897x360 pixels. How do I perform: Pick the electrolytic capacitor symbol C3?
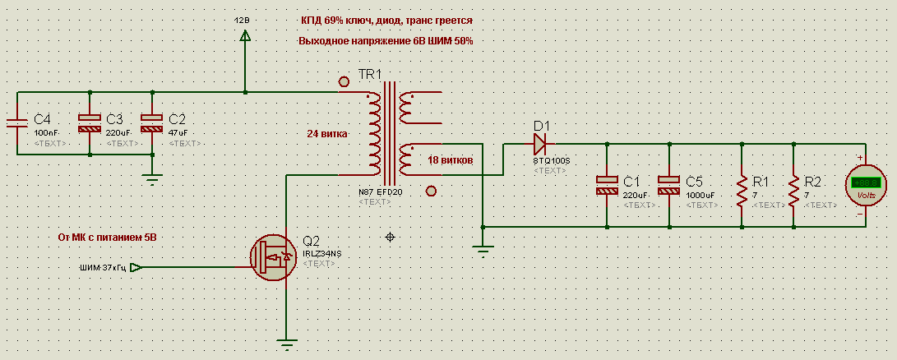[90, 123]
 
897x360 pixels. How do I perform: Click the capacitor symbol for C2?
[152, 123]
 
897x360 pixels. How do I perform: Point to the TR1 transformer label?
[370, 75]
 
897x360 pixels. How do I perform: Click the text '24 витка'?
[327, 133]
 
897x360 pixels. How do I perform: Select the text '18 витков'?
[450, 160]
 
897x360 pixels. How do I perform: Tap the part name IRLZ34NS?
[322, 253]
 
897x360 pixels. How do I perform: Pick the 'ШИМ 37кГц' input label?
[103, 267]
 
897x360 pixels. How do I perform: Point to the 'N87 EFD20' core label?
[380, 192]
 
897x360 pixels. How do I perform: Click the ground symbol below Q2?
[286, 345]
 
